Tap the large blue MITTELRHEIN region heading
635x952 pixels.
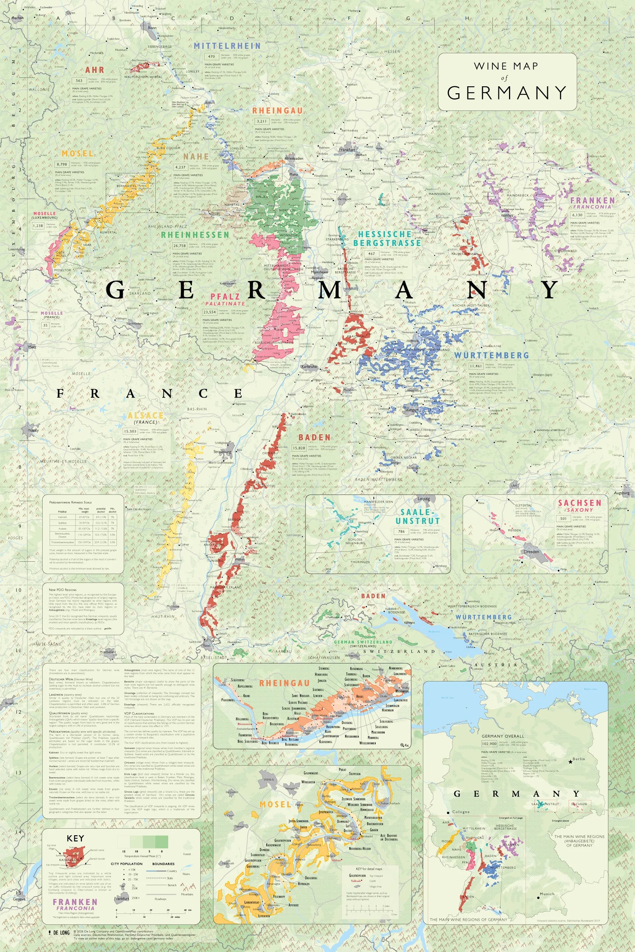pyautogui.click(x=227, y=46)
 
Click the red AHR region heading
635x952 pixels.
pyautogui.click(x=94, y=70)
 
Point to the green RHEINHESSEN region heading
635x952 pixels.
pyautogui.click(x=195, y=235)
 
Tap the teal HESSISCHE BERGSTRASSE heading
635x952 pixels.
pyautogui.click(x=389, y=239)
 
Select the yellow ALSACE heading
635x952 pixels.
pyautogui.click(x=145, y=415)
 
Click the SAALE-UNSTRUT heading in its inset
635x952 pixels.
pyautogui.click(x=417, y=516)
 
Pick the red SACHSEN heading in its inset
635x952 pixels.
pyautogui.click(x=580, y=503)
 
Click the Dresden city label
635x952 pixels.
pyautogui.click(x=531, y=552)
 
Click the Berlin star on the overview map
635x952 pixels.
pyautogui.click(x=570, y=762)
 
